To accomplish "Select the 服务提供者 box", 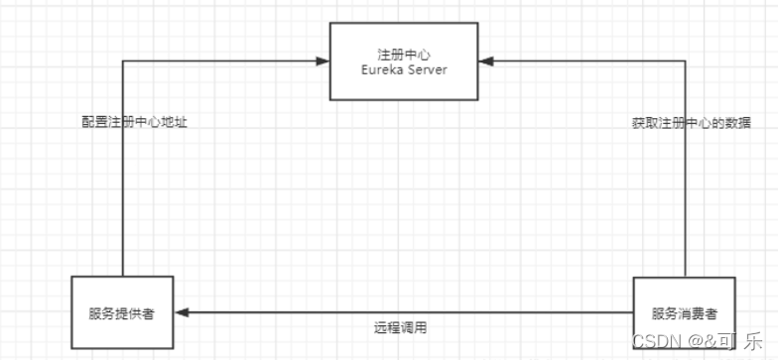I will [122, 312].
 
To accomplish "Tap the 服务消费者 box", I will [684, 312].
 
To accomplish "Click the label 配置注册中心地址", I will [134, 123].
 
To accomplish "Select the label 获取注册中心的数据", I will [691, 123].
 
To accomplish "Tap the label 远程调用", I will [401, 326].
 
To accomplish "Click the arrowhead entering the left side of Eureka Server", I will [324, 61].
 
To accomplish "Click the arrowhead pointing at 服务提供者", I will [181, 312].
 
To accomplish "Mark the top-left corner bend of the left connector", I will [122, 61].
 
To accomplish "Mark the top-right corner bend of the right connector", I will [685, 61].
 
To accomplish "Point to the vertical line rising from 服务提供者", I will [122, 198].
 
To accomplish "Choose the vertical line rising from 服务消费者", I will [685, 198].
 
